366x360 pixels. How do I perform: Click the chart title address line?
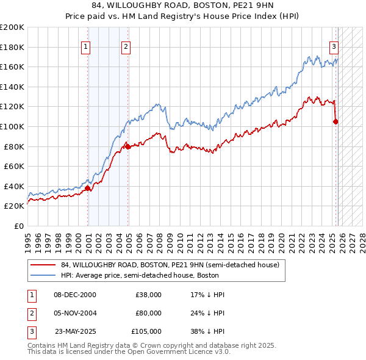click(183, 7)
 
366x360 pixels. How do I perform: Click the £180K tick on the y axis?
click(12, 47)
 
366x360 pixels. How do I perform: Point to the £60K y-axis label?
click(14, 166)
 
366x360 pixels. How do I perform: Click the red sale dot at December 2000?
click(88, 188)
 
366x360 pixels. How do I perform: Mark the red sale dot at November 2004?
click(128, 146)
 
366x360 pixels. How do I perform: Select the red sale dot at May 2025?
click(335, 121)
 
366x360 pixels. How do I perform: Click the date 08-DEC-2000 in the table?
click(75, 295)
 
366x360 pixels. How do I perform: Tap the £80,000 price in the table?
click(148, 313)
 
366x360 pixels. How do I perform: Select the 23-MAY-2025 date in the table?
click(75, 331)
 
